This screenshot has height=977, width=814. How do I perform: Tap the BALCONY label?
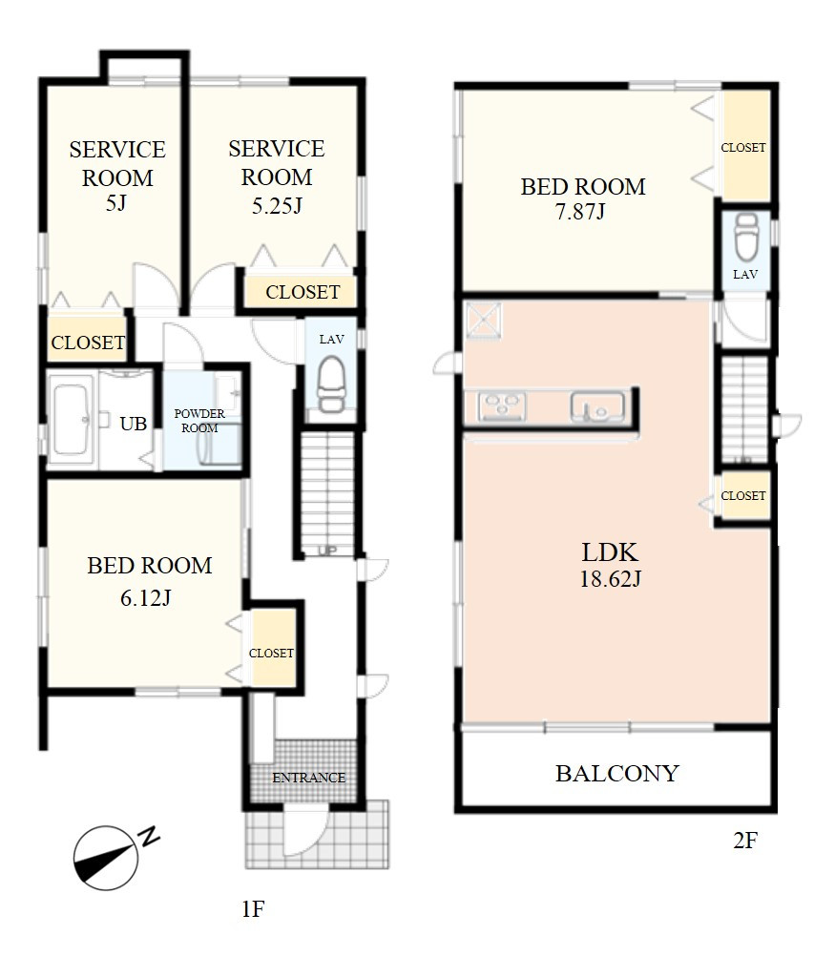[616, 773]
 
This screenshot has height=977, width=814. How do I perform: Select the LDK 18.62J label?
[610, 565]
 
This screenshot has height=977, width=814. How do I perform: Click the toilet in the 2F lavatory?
[745, 236]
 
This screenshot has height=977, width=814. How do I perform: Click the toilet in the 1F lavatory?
[330, 384]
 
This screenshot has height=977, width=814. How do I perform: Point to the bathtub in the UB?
[71, 420]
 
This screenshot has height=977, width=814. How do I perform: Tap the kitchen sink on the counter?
[597, 406]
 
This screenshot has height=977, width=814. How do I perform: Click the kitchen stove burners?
[502, 405]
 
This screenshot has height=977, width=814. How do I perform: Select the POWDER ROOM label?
[199, 421]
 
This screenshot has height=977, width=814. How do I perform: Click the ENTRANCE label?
[308, 777]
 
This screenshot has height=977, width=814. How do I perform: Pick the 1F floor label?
[254, 909]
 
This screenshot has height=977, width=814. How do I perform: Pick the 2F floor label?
[745, 841]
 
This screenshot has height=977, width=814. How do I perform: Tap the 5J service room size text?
[115, 202]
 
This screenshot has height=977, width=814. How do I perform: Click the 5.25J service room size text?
[277, 205]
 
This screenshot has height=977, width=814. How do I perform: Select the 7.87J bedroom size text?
[580, 212]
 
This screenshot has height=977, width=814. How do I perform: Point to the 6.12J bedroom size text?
[146, 597]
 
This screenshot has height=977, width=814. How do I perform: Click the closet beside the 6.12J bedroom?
[272, 648]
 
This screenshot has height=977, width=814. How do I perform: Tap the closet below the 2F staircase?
[744, 496]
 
